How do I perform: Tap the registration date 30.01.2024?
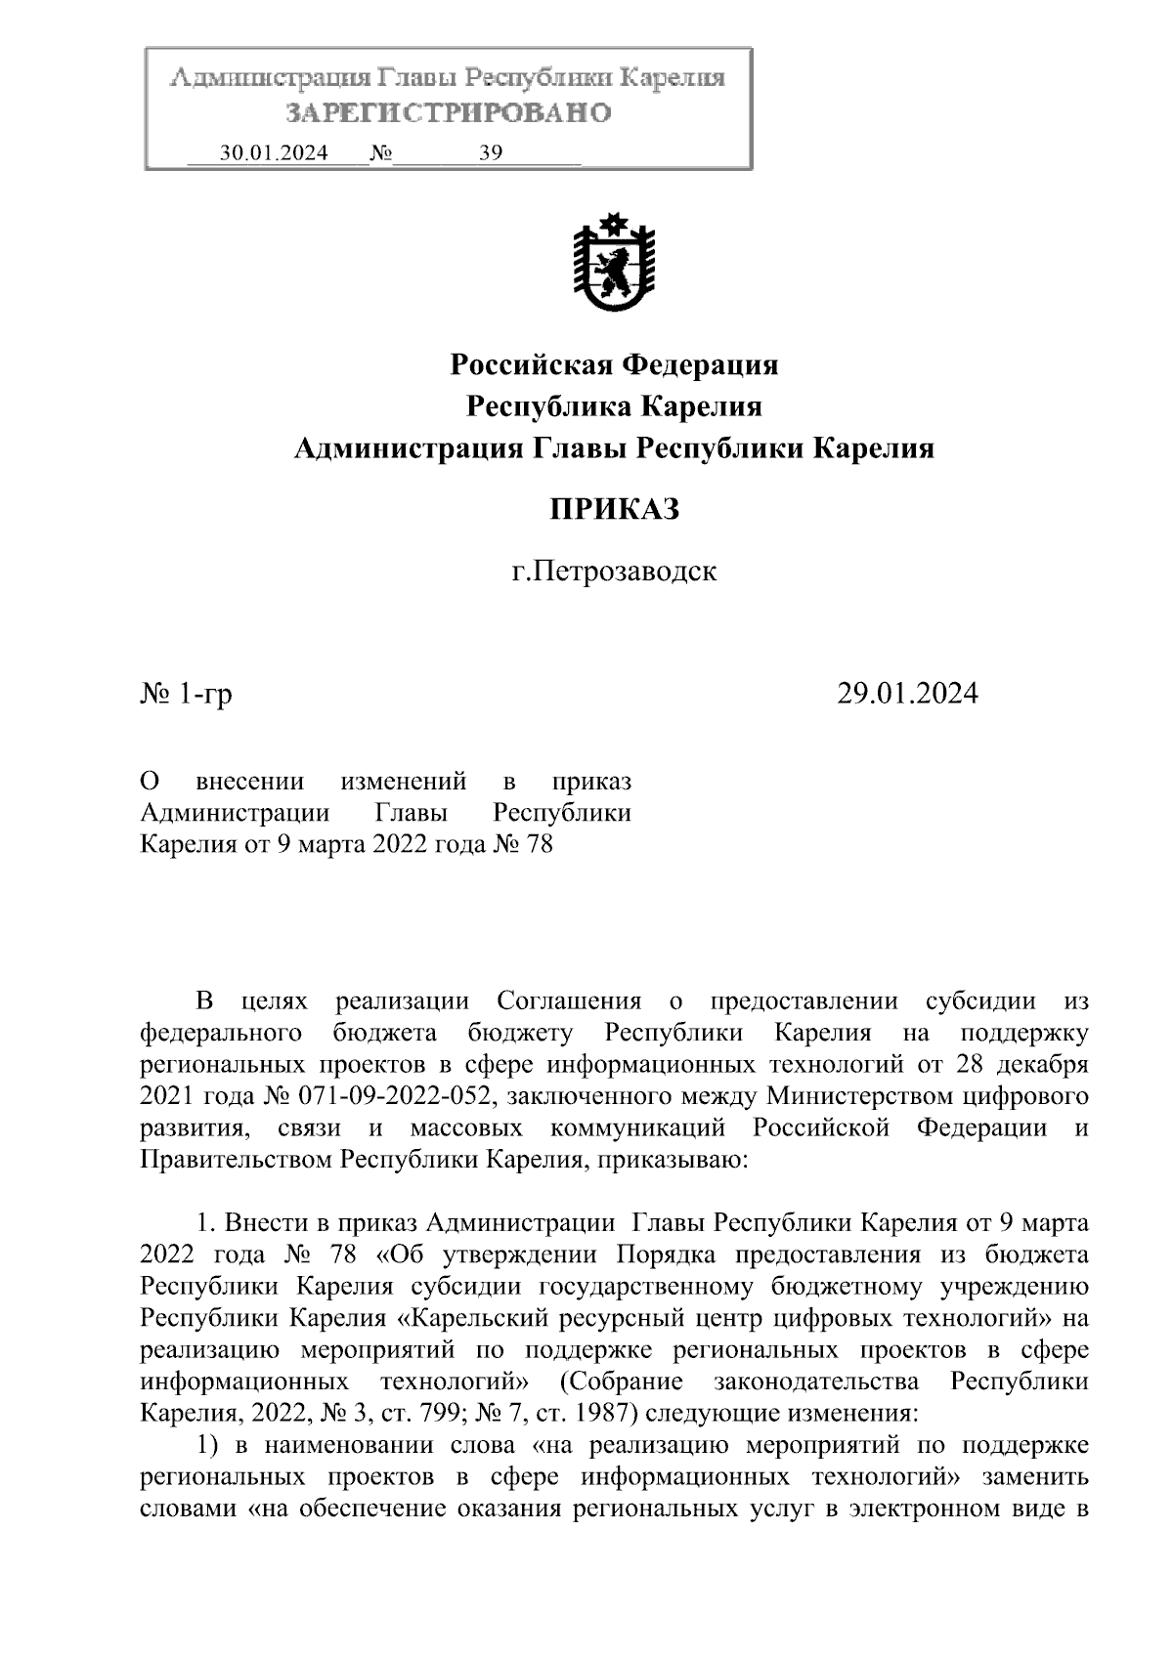click(274, 153)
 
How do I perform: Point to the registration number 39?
click(490, 153)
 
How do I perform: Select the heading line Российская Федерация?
click(614, 365)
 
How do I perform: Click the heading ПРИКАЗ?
click(614, 509)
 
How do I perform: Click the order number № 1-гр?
click(187, 694)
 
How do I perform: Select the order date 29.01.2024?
click(907, 694)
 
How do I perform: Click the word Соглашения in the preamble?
click(569, 1001)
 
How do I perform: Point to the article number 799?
click(436, 1413)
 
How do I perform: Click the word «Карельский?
click(473, 1318)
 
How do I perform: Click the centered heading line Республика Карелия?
click(614, 406)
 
